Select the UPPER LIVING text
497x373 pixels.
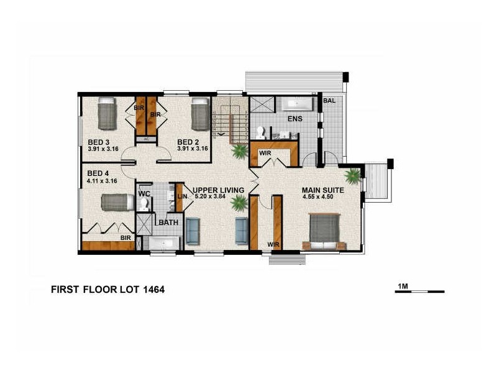coord(217,190)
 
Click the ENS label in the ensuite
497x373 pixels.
coord(294,118)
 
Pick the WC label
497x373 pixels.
coord(144,194)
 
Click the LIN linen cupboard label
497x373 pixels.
coord(182,197)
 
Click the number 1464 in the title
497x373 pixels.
coord(150,290)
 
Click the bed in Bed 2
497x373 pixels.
coord(199,113)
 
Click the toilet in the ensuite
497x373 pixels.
coord(262,131)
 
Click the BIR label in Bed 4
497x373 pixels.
coord(125,237)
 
